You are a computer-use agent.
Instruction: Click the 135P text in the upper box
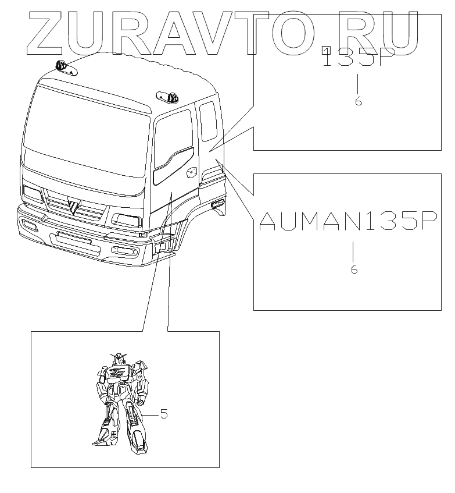(x=359, y=59)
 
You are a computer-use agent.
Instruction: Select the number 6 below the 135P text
(x=359, y=101)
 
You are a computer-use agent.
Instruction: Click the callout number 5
(x=164, y=414)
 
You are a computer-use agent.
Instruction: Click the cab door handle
(x=191, y=173)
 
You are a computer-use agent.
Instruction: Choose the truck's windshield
(x=87, y=131)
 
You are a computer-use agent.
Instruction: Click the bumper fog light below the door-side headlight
(x=125, y=250)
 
